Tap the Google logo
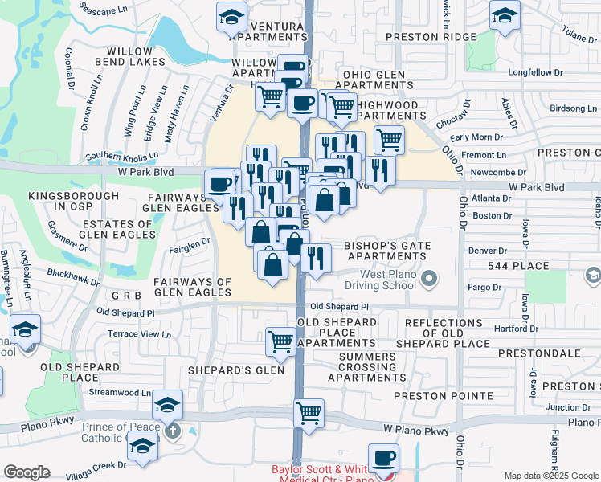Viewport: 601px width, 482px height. (x=27, y=472)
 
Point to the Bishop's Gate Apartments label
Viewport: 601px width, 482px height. (x=387, y=251)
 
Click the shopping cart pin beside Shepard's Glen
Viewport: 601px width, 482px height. (x=280, y=341)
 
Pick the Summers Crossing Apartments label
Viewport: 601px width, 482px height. (x=366, y=366)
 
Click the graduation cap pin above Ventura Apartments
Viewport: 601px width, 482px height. (x=231, y=16)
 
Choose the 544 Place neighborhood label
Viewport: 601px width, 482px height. (x=518, y=266)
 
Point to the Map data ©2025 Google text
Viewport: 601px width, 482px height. (x=551, y=476)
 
